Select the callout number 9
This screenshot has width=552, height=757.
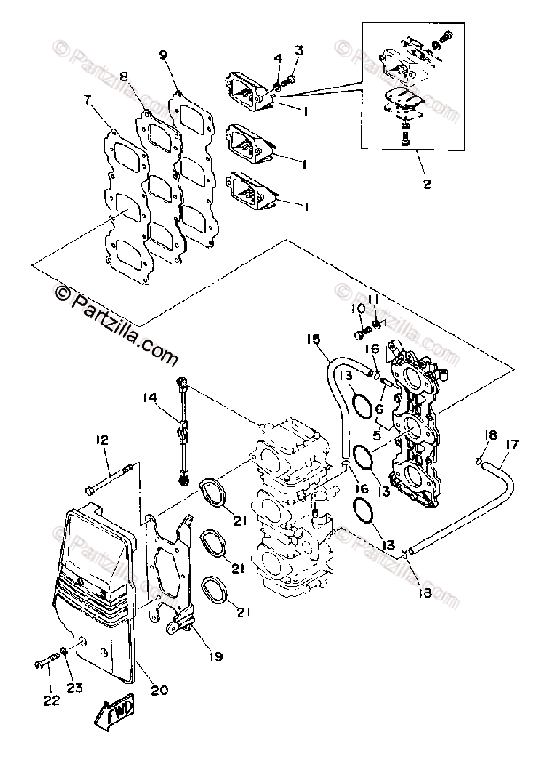click(x=164, y=55)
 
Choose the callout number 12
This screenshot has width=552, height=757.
click(x=102, y=440)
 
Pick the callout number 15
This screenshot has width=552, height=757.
click(x=311, y=340)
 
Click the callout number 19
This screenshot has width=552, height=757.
click(x=216, y=657)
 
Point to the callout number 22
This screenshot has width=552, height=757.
click(x=49, y=700)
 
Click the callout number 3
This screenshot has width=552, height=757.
click(x=298, y=50)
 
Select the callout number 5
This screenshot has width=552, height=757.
click(x=379, y=434)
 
